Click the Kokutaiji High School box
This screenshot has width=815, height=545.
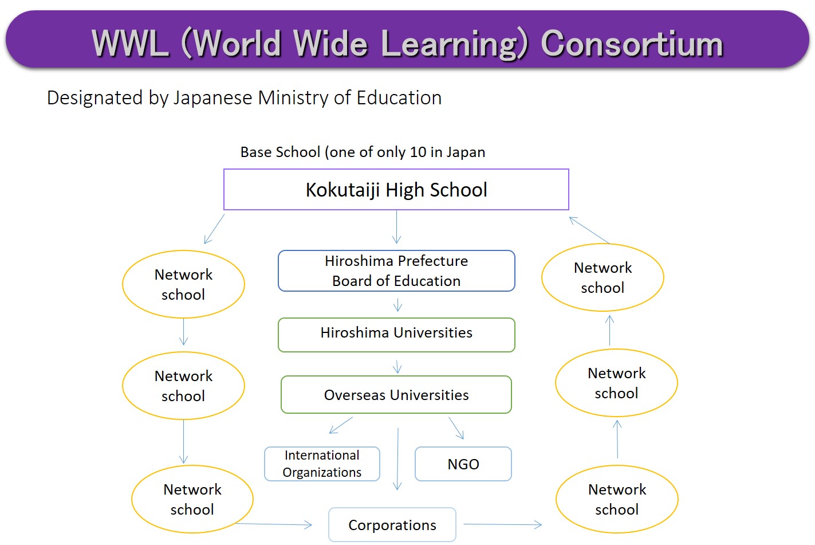click(x=396, y=190)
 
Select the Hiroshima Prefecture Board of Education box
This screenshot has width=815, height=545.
click(x=396, y=270)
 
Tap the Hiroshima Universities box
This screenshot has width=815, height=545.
click(x=396, y=335)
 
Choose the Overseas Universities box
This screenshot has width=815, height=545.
click(x=396, y=395)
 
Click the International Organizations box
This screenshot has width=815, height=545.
click(x=322, y=464)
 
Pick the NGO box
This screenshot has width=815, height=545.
click(x=463, y=464)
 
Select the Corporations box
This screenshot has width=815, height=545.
click(x=392, y=524)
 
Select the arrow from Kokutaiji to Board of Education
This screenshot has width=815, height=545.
click(x=396, y=227)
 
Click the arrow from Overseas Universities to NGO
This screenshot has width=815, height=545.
click(x=456, y=428)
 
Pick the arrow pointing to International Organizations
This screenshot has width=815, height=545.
click(x=341, y=425)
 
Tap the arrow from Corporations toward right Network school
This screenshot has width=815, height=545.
click(x=502, y=524)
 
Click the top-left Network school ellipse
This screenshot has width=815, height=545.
click(x=183, y=284)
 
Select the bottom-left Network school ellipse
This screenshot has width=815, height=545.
click(x=192, y=499)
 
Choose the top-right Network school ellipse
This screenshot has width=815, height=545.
click(x=603, y=277)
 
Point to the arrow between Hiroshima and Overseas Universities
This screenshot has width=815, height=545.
click(x=397, y=367)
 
